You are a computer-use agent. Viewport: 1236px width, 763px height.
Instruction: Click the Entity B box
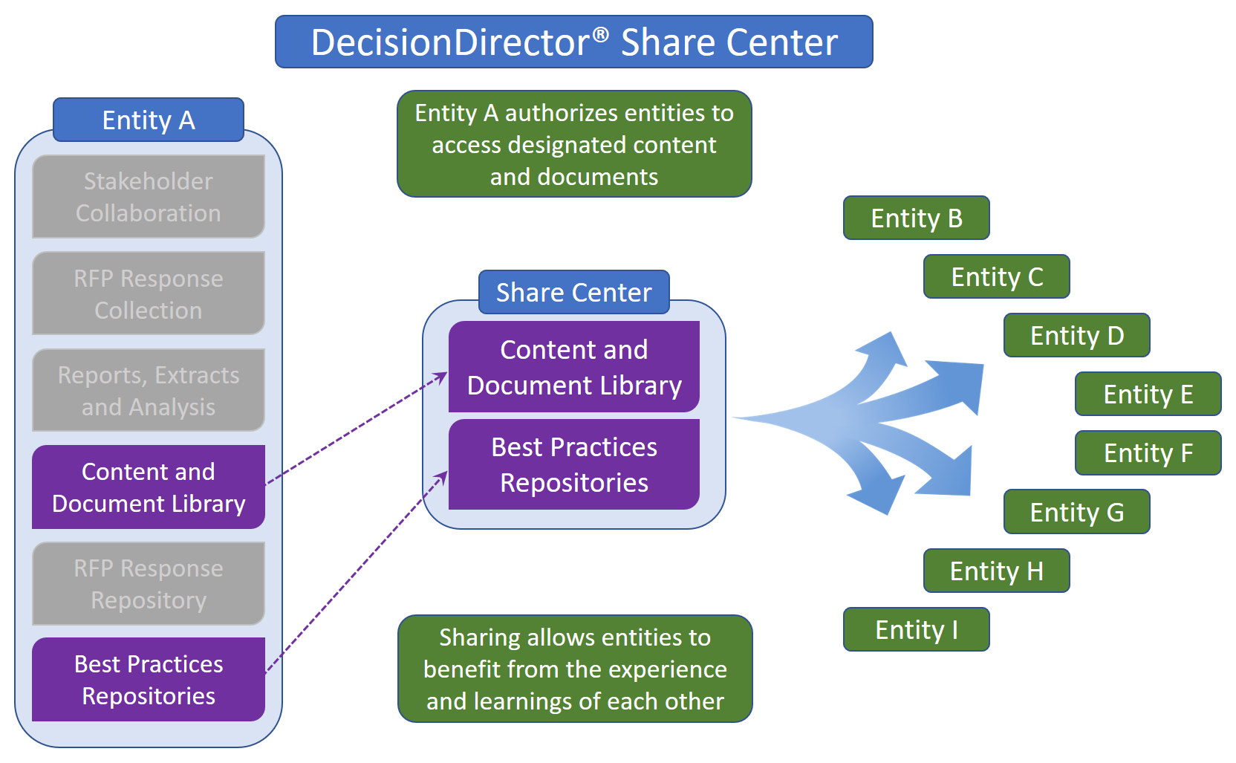tap(916, 218)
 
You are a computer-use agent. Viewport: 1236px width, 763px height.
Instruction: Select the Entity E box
tap(1148, 394)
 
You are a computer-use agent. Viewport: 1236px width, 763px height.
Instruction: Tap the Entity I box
tap(916, 629)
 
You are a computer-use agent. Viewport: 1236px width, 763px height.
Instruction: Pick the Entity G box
tap(1076, 512)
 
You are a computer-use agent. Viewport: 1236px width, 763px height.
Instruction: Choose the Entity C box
tap(996, 276)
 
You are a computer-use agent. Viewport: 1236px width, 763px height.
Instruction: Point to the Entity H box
tap(996, 571)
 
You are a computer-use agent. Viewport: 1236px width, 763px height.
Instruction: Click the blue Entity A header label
tap(149, 120)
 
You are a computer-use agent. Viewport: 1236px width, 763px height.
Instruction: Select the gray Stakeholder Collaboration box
tap(149, 197)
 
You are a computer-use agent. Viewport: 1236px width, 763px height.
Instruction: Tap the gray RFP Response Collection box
tap(149, 293)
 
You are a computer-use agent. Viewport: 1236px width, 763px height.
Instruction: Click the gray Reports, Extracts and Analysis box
tap(149, 391)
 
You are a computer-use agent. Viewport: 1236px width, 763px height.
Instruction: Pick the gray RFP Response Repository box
tap(149, 584)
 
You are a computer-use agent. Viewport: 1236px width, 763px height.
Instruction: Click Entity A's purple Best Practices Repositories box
tap(149, 679)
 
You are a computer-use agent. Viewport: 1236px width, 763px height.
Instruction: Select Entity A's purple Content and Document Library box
tap(149, 487)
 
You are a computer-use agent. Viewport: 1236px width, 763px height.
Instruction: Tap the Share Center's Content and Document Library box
tap(573, 367)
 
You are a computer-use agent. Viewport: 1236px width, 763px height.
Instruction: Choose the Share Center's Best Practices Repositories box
tap(573, 464)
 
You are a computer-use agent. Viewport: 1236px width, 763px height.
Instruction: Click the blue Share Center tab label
tap(573, 292)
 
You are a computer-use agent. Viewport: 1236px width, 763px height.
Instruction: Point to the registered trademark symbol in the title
tap(601, 34)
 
